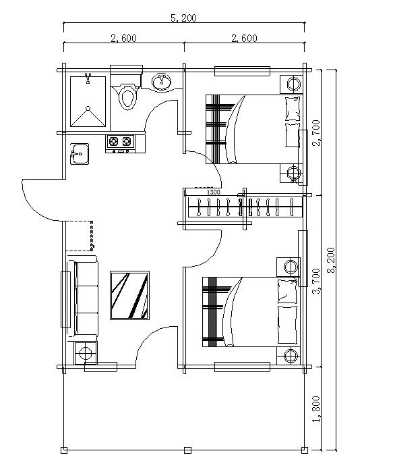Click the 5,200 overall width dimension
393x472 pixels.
(x=183, y=18)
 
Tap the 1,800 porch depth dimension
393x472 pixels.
(x=316, y=409)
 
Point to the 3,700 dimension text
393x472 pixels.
(x=316, y=281)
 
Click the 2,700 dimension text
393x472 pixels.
(x=316, y=132)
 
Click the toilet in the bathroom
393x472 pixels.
(x=126, y=96)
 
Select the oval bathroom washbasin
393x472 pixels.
(x=162, y=82)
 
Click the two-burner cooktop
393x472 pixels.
(x=119, y=142)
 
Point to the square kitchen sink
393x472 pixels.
(x=78, y=154)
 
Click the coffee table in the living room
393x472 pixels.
(x=129, y=294)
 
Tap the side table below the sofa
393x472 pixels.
(x=86, y=352)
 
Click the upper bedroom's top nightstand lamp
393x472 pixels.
(x=294, y=84)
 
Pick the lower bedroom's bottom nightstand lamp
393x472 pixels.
(x=291, y=355)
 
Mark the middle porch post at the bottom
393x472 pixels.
(x=187, y=450)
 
